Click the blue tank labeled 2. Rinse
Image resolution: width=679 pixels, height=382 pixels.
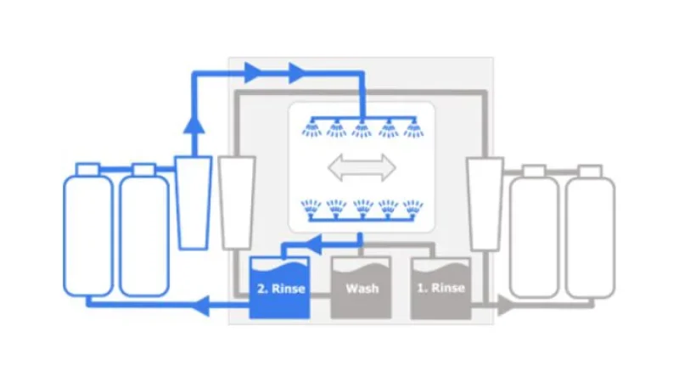[x=280, y=288]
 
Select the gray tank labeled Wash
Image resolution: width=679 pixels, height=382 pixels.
[x=362, y=288]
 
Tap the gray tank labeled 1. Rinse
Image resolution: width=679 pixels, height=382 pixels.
[x=441, y=288]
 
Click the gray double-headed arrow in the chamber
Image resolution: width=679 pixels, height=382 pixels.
[x=362, y=167]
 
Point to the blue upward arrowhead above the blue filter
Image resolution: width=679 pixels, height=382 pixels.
[x=194, y=125]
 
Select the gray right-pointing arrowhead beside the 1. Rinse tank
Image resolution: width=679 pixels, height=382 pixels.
[x=505, y=306]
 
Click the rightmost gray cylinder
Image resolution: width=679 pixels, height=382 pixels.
[x=590, y=232]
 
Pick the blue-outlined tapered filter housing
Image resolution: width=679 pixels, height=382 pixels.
[x=194, y=203]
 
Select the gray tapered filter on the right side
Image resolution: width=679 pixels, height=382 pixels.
[x=485, y=204]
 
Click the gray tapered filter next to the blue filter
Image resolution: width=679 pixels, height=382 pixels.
[x=237, y=203]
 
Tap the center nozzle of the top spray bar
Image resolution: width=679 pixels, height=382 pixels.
[x=362, y=129]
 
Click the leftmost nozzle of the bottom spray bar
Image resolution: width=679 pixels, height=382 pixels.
[x=311, y=208]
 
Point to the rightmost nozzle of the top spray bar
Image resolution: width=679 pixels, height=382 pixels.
[x=413, y=129]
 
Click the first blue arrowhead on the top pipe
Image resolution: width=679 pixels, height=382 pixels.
[x=254, y=73]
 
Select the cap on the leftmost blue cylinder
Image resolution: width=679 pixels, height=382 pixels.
[x=88, y=169]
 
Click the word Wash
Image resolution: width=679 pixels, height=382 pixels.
[x=362, y=289]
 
